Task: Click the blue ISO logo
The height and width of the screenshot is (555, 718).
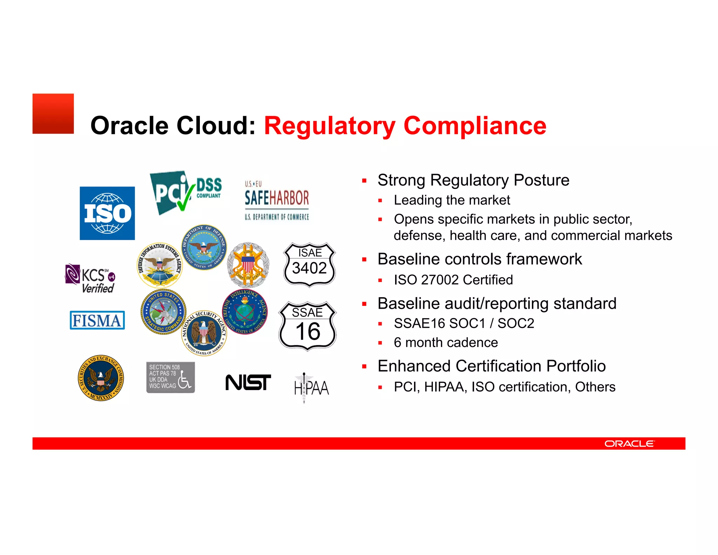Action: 107,213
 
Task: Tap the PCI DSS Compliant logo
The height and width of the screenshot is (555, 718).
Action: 186,192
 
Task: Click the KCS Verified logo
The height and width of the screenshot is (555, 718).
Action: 90,278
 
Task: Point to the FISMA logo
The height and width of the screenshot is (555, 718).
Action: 97,320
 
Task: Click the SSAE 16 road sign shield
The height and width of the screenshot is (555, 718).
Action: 307,326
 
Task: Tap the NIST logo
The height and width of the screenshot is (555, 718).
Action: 248,382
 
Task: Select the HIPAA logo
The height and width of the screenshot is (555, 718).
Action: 311,388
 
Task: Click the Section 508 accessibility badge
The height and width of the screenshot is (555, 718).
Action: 170,377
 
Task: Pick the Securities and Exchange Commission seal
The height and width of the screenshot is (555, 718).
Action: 101,378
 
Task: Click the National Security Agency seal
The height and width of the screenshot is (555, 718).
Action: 204,333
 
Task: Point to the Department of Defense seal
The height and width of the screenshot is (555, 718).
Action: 204,247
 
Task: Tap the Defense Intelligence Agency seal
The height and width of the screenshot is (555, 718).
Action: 245,312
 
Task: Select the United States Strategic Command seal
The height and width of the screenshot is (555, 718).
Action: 163,312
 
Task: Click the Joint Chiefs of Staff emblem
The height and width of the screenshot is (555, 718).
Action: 248,265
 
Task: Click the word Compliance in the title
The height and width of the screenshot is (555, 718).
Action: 475,126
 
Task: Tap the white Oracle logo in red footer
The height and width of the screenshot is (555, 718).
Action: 629,444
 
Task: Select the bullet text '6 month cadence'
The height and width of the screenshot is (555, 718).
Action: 446,342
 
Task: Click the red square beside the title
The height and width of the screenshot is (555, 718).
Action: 53,114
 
